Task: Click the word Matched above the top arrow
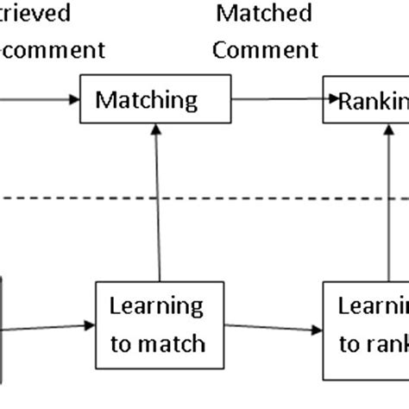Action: point(263,15)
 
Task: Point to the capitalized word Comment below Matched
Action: point(265,50)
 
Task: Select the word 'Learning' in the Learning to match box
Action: point(156,306)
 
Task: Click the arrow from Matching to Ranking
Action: point(276,100)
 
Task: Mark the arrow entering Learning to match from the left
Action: point(47,326)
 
